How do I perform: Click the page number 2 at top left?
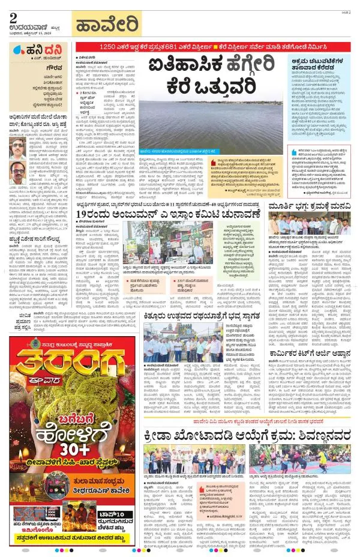[12, 16]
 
